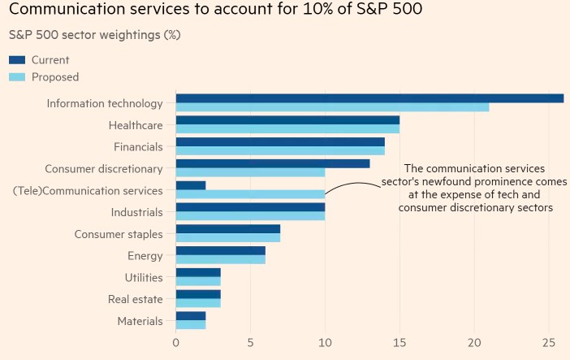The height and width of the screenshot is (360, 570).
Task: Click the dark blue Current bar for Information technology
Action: click(x=369, y=98)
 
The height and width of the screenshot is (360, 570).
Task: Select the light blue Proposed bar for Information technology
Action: click(x=332, y=107)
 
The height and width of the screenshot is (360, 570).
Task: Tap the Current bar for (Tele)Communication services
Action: click(x=190, y=185)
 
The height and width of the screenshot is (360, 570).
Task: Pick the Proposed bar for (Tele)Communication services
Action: click(x=250, y=194)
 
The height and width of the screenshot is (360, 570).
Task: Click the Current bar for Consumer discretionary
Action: click(x=272, y=163)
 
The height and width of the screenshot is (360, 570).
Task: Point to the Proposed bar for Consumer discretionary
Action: click(x=250, y=172)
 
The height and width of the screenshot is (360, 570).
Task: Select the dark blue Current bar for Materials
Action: click(x=190, y=316)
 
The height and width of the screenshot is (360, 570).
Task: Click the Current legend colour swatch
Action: click(x=17, y=60)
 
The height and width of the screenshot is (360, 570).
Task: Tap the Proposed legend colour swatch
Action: click(x=17, y=77)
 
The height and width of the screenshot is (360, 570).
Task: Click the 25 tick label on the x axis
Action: click(x=549, y=343)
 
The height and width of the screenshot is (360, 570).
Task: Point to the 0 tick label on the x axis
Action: click(x=176, y=343)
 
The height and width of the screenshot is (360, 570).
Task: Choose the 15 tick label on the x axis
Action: click(x=399, y=343)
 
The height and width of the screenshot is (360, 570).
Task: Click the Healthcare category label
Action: click(x=136, y=125)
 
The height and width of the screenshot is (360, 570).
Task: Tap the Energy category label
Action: click(x=145, y=256)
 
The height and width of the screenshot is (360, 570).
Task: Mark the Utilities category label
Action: click(x=144, y=278)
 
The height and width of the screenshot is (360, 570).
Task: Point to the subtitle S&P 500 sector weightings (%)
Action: click(x=94, y=35)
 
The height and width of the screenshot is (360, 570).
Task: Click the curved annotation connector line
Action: click(x=351, y=186)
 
